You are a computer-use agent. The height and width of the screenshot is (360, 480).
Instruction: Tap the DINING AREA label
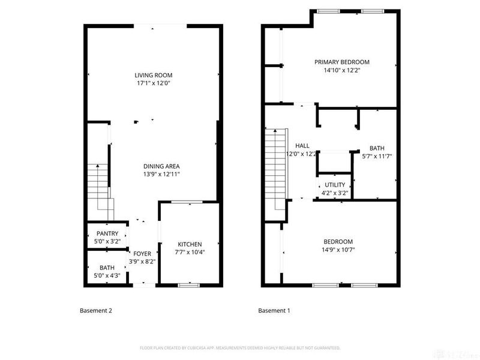[x=161, y=166]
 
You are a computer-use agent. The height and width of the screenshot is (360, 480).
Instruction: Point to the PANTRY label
[x=107, y=233]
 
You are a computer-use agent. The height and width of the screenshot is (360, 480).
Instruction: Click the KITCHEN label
[x=190, y=244]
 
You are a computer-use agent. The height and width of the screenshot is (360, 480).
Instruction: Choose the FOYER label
[x=142, y=253]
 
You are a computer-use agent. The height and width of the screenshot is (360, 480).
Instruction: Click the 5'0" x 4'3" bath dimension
[x=107, y=276]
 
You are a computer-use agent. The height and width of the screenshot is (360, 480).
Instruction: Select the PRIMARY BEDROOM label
[x=341, y=62]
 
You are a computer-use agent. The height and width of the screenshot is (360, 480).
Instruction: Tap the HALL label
[x=302, y=146]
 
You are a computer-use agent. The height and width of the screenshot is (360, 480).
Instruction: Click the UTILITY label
[x=334, y=185]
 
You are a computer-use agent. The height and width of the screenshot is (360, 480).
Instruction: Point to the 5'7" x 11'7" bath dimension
[x=377, y=157]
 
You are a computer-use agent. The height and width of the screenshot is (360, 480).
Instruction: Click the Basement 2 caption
[x=96, y=311]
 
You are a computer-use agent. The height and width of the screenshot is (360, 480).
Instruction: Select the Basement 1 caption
[x=274, y=311]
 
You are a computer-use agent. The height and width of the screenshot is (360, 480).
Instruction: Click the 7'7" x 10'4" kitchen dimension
[x=190, y=252]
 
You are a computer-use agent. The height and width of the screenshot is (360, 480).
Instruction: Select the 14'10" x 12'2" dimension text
[x=341, y=70]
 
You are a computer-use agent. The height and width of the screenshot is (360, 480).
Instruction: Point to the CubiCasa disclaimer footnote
[x=240, y=347]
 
